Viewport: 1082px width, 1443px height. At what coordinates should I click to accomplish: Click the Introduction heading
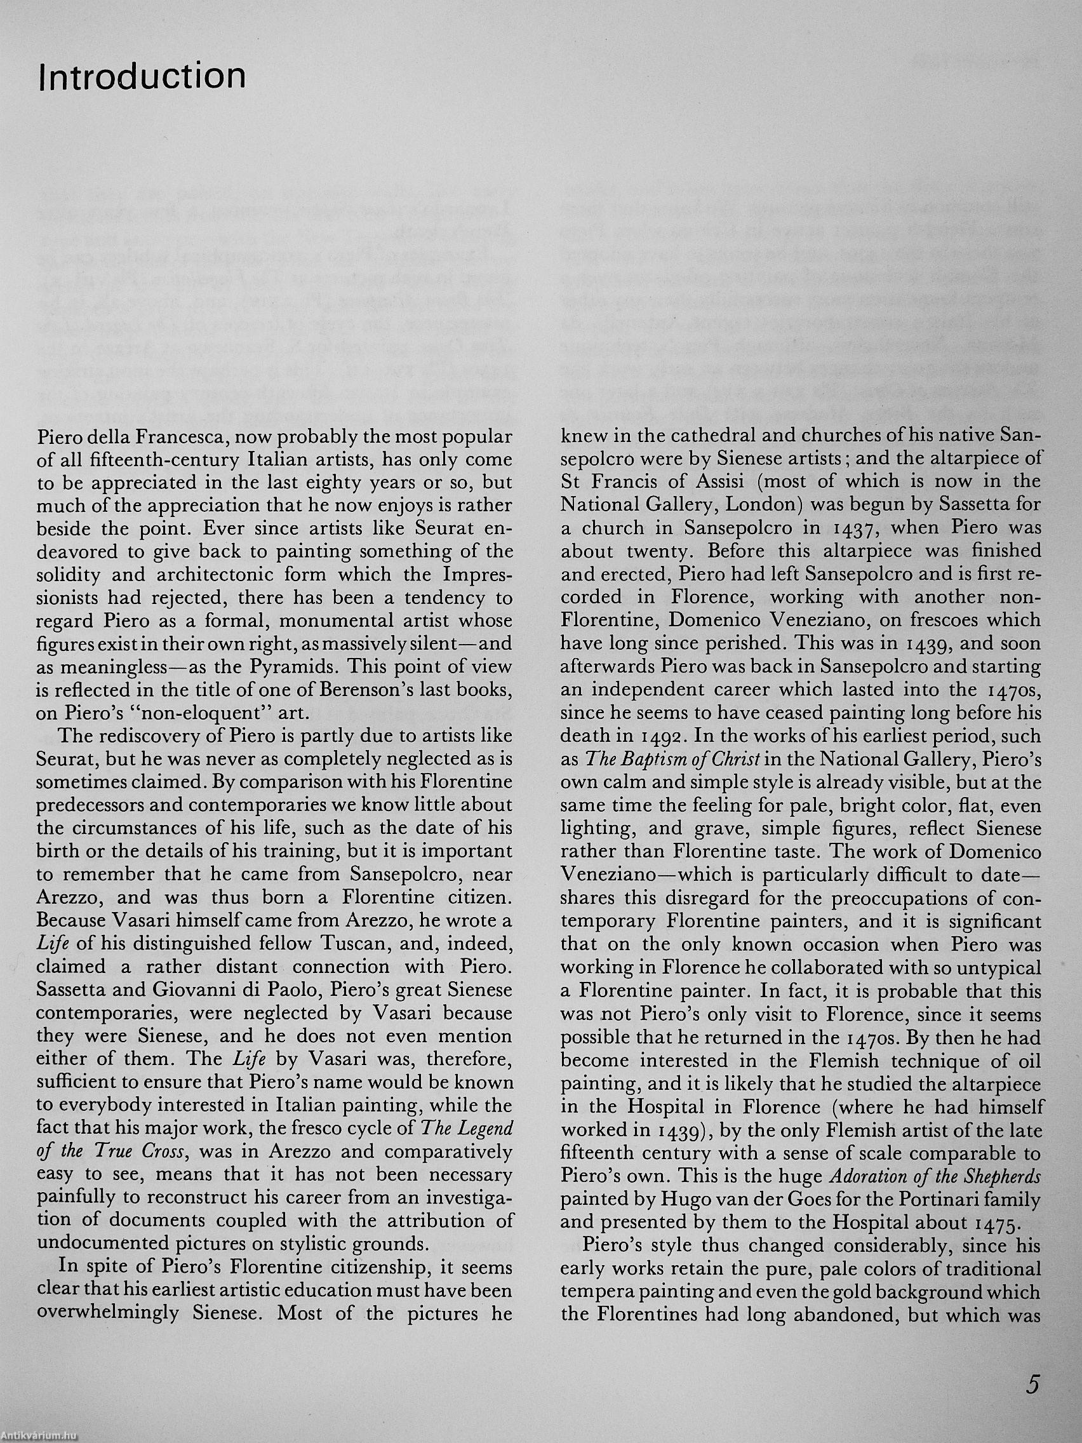pos(142,77)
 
